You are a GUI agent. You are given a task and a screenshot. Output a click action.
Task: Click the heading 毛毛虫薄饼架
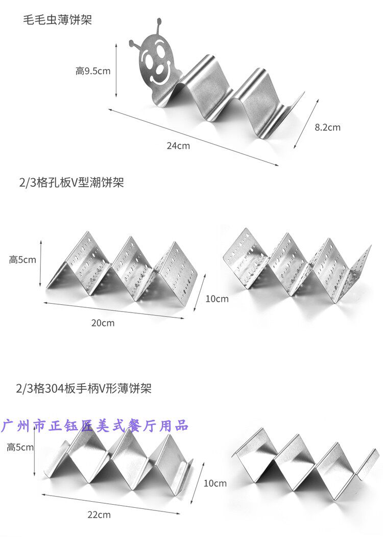57,21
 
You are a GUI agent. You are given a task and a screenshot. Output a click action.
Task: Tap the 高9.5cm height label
93,71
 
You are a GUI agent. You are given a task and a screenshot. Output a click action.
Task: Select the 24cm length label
178,146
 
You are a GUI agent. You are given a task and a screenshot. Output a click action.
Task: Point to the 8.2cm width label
327,127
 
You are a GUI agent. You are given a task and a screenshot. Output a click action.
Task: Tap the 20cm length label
103,323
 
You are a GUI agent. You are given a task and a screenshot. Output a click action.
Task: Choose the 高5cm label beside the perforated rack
22,259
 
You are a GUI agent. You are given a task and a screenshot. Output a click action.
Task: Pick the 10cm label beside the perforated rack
217,299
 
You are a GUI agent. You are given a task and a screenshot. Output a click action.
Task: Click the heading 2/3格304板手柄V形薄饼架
84,389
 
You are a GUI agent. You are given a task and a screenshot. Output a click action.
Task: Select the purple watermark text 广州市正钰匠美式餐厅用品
96,425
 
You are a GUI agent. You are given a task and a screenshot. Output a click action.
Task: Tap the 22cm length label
99,514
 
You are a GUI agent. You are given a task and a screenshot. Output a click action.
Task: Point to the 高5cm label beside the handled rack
20,447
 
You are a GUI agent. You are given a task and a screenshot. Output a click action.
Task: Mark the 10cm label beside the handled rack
215,483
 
